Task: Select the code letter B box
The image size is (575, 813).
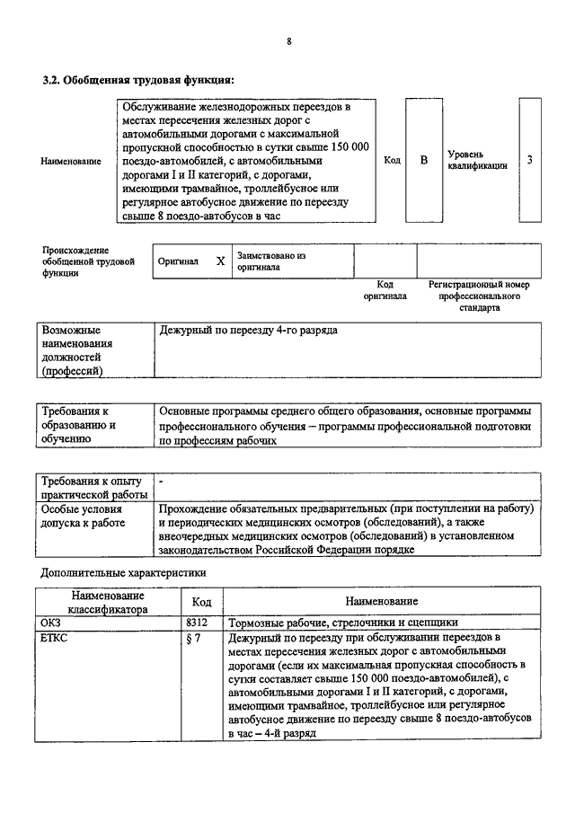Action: coord(424,160)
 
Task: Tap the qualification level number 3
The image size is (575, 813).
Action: coord(530,160)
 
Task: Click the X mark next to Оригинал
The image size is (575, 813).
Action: coord(220,261)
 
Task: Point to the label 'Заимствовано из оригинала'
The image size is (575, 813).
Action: coord(272,261)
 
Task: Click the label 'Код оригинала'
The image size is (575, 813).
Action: coord(385,289)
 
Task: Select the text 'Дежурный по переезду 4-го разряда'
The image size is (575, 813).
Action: coord(248,331)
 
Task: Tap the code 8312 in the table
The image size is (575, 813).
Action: coord(197,622)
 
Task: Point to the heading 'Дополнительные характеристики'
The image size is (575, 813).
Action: coord(124,571)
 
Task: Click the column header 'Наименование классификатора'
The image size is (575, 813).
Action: coord(109,601)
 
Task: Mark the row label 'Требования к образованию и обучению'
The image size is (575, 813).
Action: coord(84,425)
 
